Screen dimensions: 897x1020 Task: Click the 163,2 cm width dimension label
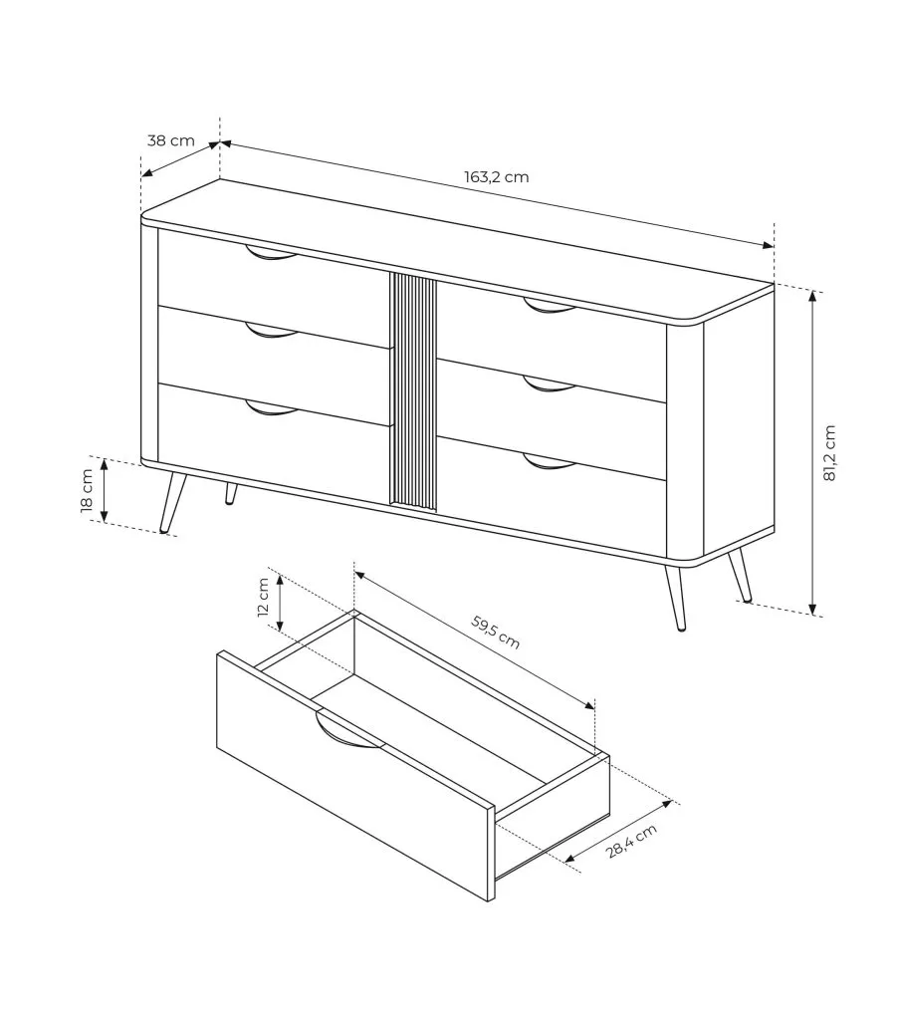click(496, 177)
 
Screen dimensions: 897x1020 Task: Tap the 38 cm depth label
click(170, 139)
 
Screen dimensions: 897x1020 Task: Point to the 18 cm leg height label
click(87, 491)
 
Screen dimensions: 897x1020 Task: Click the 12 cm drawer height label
click(263, 597)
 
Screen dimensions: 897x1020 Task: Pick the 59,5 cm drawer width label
click(496, 632)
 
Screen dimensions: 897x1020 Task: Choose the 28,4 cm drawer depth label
click(631, 841)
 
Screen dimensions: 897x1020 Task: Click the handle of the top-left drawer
click(271, 253)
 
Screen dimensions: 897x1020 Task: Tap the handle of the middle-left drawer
click(271, 331)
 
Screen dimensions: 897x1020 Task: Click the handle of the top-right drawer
click(550, 306)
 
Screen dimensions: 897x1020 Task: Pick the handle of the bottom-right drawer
click(550, 461)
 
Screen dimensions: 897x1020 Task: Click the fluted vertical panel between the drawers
click(413, 390)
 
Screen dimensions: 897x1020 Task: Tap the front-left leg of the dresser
click(171, 503)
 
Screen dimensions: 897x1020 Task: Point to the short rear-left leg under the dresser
click(231, 493)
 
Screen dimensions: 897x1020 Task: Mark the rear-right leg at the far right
click(740, 575)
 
